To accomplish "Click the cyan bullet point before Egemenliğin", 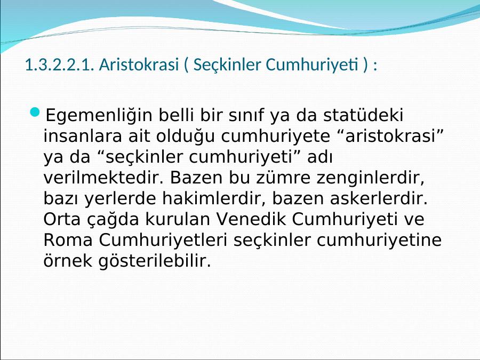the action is [35, 113].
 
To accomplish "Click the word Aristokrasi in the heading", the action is [139, 65].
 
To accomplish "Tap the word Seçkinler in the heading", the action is [227, 65].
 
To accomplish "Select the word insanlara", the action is [83, 136].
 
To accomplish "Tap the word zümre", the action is [283, 178].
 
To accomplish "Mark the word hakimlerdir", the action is [214, 198].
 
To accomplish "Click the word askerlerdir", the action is [379, 198].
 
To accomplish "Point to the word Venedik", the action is [251, 219].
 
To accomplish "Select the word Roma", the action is [68, 240].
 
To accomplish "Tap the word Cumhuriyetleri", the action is [163, 241].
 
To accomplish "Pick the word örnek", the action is [68, 260].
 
